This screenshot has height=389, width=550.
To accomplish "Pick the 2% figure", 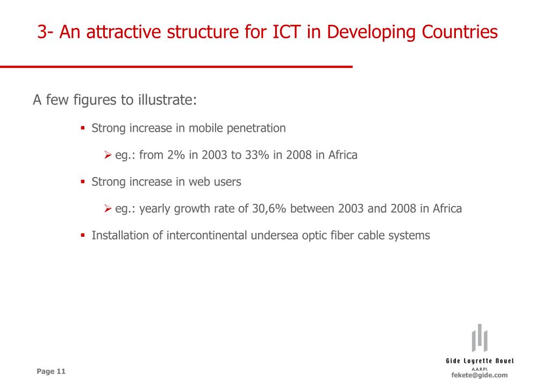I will [176, 155].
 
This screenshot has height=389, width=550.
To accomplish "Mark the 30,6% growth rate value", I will [269, 209].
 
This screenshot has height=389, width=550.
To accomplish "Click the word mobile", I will [206, 128].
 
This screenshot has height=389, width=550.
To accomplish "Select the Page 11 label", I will [51, 371].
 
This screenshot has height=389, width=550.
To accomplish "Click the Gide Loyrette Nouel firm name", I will [479, 361].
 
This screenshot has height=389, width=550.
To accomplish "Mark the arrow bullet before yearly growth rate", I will [108, 209].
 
